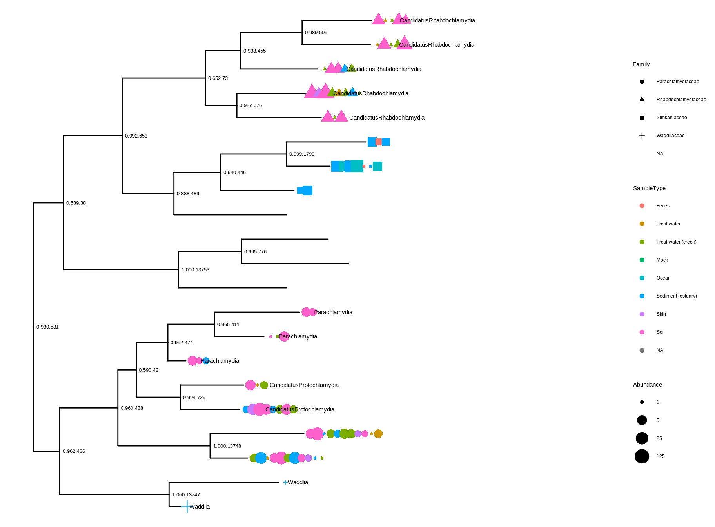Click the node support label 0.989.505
click(x=316, y=33)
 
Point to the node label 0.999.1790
click(x=301, y=154)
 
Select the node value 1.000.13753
click(x=195, y=270)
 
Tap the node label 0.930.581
click(x=47, y=327)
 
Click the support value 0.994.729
click(x=194, y=398)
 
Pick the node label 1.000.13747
click(x=186, y=495)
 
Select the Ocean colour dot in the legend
click(x=642, y=278)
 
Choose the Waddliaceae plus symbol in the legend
click(x=642, y=136)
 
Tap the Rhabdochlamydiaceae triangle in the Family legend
click(x=642, y=99)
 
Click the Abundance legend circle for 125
click(x=642, y=456)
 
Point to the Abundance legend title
click(x=647, y=385)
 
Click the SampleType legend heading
click(x=649, y=188)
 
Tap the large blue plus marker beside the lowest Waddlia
click(x=187, y=507)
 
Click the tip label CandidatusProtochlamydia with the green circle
click(x=304, y=385)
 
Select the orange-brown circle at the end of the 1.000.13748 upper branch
click(x=378, y=434)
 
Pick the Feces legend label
click(x=663, y=206)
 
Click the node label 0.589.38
click(x=76, y=203)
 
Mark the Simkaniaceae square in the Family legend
click(x=642, y=118)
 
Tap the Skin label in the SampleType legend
click(x=661, y=314)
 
